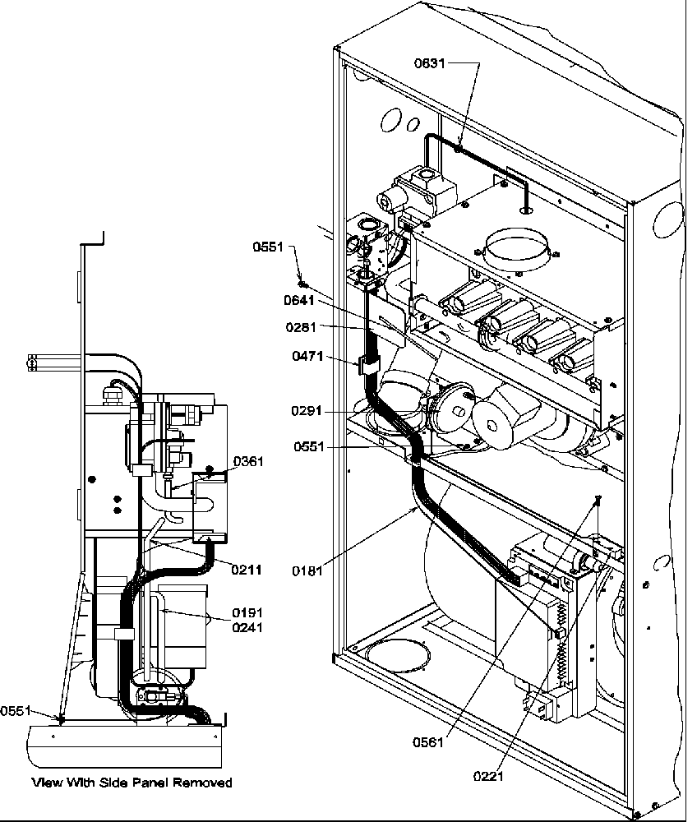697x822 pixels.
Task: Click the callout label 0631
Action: coord(429,63)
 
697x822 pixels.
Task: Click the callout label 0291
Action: coord(307,411)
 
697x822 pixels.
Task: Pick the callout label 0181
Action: coord(307,567)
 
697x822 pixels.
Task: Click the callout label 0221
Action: coord(491,774)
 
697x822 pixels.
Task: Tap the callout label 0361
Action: coord(248,462)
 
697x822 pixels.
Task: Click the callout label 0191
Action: coord(247,612)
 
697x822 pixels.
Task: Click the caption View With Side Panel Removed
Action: coord(132,782)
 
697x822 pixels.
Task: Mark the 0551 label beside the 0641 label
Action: coord(269,247)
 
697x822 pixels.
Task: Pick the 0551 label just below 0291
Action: coord(310,446)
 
